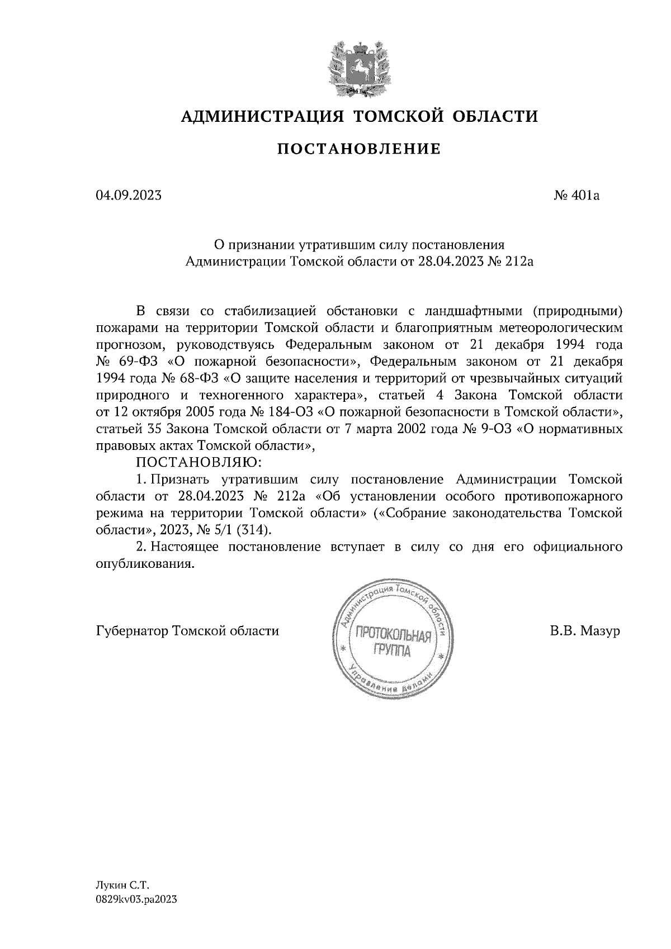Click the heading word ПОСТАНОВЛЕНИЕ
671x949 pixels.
coord(359,149)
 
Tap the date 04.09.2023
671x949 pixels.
coord(129,196)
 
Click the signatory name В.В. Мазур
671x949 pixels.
coord(585,631)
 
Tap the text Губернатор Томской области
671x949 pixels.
coord(187,631)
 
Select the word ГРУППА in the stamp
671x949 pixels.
coord(391,651)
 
